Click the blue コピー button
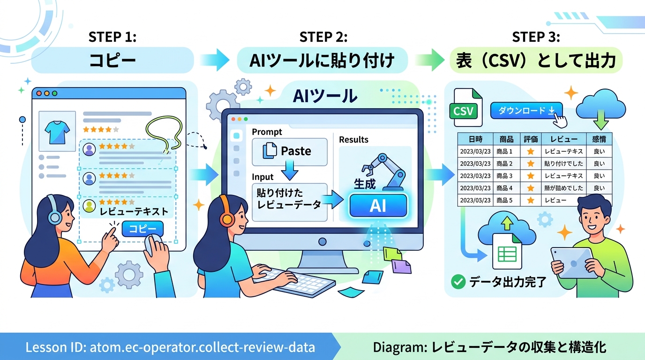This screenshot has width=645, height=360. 142,229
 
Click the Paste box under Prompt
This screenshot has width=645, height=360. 289,151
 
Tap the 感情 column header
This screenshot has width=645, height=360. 599,139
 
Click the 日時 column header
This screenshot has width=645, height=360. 475,139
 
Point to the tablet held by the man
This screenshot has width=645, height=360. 571,263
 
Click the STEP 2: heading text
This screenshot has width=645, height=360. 323,37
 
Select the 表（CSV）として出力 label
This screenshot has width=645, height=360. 536,61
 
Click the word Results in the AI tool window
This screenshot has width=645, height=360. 353,140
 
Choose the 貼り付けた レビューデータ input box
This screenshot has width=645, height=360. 289,202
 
